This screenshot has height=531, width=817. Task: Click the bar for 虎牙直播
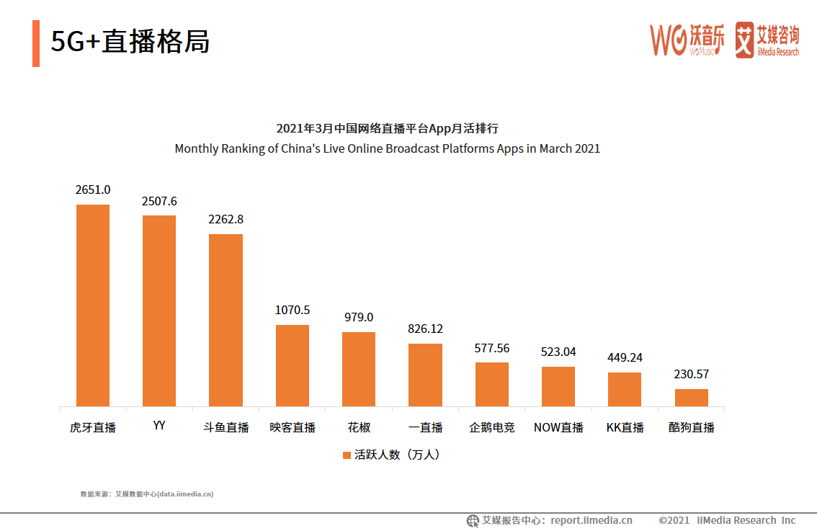click(x=93, y=305)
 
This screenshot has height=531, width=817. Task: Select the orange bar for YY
click(x=159, y=311)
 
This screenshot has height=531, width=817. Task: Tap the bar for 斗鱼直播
click(x=226, y=320)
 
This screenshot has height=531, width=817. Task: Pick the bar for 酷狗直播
click(x=691, y=398)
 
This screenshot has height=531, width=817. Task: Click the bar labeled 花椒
click(x=359, y=369)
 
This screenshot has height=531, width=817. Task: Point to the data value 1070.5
click(x=293, y=311)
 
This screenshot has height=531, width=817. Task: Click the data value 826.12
click(x=425, y=329)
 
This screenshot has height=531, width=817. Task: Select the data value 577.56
click(x=491, y=348)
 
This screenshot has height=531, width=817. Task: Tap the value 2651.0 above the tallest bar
click(x=93, y=190)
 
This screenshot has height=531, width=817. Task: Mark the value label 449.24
click(x=625, y=358)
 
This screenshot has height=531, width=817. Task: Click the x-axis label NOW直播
click(x=558, y=427)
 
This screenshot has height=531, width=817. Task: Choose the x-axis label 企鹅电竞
click(x=491, y=427)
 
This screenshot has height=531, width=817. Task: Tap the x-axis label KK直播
click(x=625, y=427)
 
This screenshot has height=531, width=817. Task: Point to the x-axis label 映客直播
click(x=293, y=427)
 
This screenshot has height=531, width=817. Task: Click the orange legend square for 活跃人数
click(x=347, y=455)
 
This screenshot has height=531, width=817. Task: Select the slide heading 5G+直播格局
click(x=130, y=42)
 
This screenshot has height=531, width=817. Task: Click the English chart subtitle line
click(x=387, y=148)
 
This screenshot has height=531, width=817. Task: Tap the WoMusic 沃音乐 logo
click(x=687, y=40)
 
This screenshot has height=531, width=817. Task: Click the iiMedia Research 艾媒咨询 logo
click(x=767, y=40)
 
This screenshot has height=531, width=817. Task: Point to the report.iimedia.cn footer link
click(x=591, y=520)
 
